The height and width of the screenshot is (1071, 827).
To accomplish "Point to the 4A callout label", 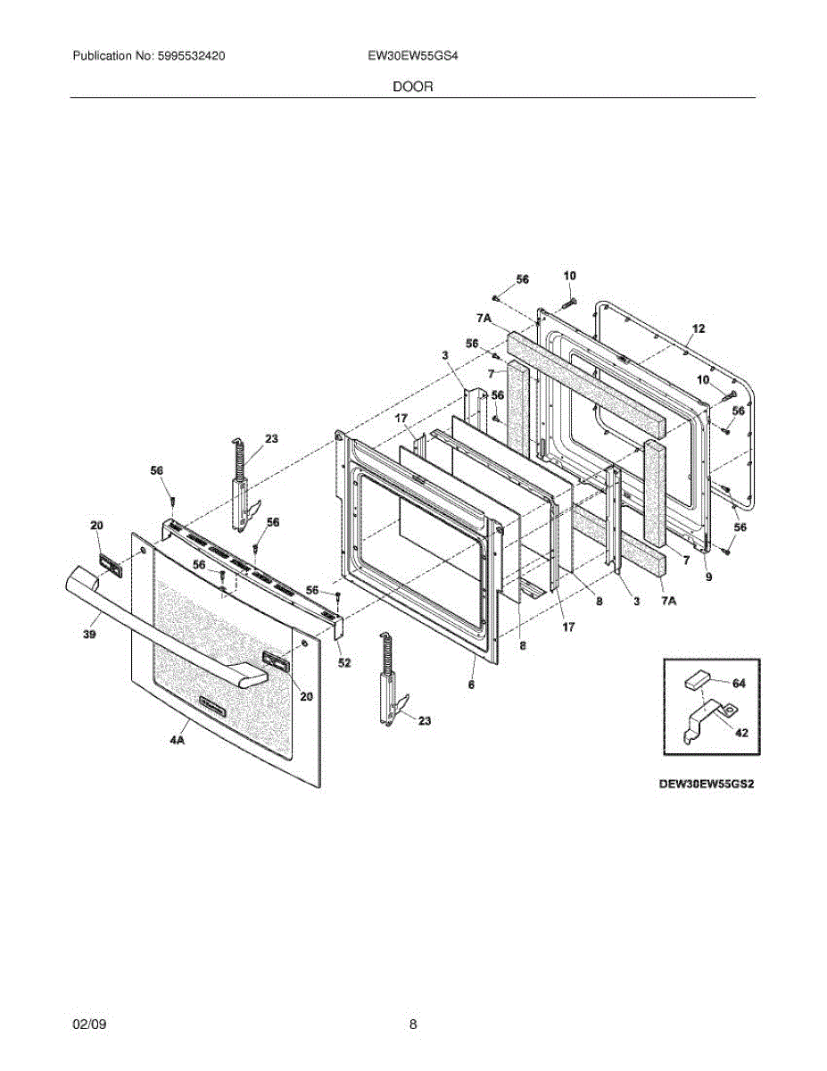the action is pyautogui.click(x=178, y=738).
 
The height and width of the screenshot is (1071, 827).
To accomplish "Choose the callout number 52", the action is pyautogui.click(x=344, y=662).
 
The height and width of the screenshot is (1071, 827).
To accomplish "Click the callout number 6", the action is pyautogui.click(x=471, y=685).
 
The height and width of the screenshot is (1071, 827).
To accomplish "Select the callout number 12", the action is pyautogui.click(x=699, y=328).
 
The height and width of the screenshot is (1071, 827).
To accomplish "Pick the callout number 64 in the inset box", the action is pyautogui.click(x=739, y=683).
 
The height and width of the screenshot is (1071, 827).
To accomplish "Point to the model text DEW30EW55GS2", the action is pyautogui.click(x=701, y=786).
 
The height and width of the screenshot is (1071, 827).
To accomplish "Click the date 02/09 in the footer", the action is pyautogui.click(x=89, y=1025).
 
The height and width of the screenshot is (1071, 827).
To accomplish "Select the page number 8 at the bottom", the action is pyautogui.click(x=413, y=1025).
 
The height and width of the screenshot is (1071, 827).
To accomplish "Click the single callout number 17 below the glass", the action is pyautogui.click(x=568, y=627).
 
